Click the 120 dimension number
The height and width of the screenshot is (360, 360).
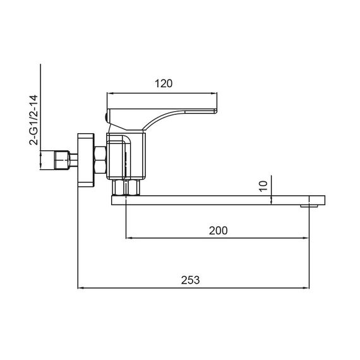point(163,83)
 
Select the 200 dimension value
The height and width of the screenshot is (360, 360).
point(218,231)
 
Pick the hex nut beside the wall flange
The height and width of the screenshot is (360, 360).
point(99,160)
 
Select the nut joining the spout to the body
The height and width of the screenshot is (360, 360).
point(126,188)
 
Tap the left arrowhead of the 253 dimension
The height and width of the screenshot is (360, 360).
point(80,289)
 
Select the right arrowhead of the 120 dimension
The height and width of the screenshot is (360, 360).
point(217,92)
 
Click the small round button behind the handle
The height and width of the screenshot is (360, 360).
point(104,116)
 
